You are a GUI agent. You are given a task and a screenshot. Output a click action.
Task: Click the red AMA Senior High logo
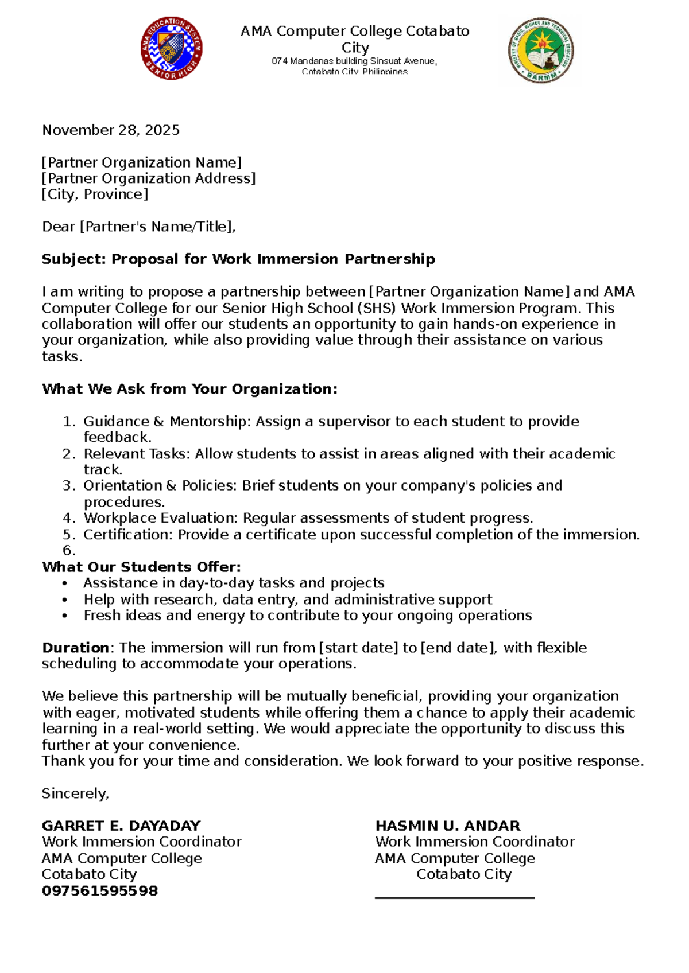pos(171,48)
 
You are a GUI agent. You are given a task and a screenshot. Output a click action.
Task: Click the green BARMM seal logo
pos(540,50)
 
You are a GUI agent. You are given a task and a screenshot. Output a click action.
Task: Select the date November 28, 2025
pos(111,130)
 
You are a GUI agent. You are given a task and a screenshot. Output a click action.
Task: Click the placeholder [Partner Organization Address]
pos(149,178)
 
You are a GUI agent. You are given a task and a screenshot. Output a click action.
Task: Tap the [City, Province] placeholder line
pos(95,194)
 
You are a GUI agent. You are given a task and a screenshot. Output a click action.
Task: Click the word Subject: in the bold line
pos(74,259)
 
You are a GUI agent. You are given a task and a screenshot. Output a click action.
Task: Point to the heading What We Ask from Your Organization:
pos(189,389)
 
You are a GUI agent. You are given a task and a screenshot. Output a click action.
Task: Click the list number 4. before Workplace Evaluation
pos(69,518)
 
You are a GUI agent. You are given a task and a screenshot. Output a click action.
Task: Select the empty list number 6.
pos(69,551)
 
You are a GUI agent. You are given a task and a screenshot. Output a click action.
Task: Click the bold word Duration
pos(75,648)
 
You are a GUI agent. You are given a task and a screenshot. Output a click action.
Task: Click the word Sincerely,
pos(75,793)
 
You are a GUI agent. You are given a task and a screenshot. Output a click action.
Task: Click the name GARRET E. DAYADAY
pos(121,826)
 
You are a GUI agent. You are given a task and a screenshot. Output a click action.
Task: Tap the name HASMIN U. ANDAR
pos(447,826)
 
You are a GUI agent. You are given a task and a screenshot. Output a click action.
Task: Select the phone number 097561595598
pos(100,891)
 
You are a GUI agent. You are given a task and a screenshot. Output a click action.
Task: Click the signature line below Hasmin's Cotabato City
pos(454,897)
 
